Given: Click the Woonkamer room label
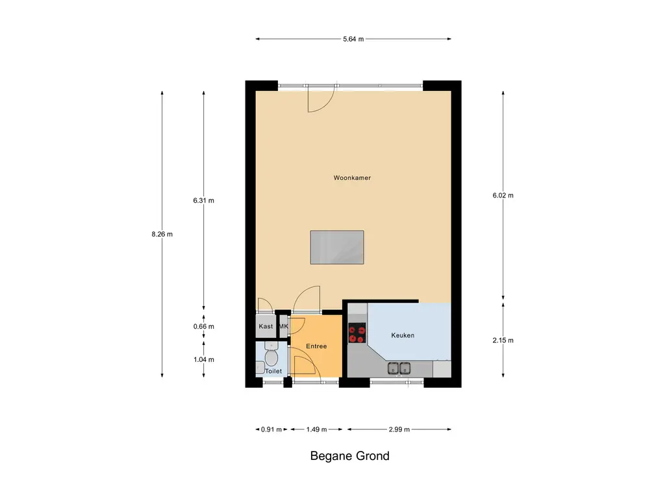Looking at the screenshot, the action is (352, 178).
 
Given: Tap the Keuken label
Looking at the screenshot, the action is (403, 335).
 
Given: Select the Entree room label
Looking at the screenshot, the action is (316, 346).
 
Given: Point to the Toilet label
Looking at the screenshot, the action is (273, 371).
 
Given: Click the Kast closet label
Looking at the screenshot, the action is (266, 326).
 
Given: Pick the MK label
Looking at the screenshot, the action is (283, 326).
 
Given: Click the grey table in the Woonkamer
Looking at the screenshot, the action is (337, 248).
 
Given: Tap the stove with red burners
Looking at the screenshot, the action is (357, 333).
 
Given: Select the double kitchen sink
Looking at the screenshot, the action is (399, 368).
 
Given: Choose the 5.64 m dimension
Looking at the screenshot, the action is (353, 39).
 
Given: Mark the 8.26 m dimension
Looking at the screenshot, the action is (162, 234).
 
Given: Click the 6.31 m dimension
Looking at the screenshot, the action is (203, 200).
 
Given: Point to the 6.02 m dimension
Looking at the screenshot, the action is (503, 195).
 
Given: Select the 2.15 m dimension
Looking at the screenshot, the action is (503, 340).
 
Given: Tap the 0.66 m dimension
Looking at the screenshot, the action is (203, 326).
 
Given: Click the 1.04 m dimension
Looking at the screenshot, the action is (203, 359).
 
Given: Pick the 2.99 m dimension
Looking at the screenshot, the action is (399, 429).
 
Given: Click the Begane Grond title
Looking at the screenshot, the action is (350, 455).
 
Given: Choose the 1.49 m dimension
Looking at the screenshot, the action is (316, 429).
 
